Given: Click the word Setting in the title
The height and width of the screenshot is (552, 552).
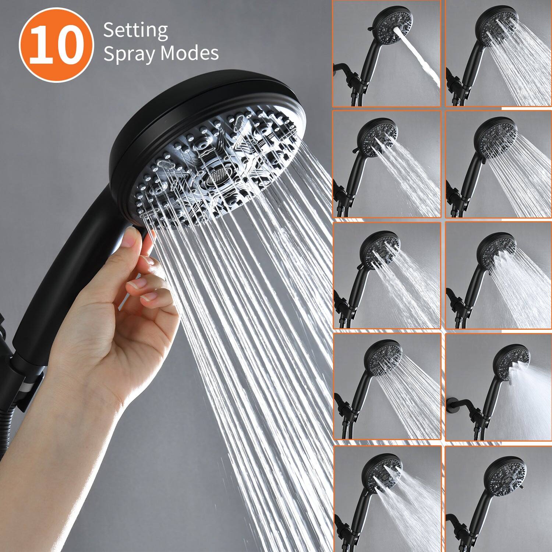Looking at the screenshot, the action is pos(135,30).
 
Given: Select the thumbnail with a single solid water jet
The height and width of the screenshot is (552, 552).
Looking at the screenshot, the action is pos(386,53).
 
